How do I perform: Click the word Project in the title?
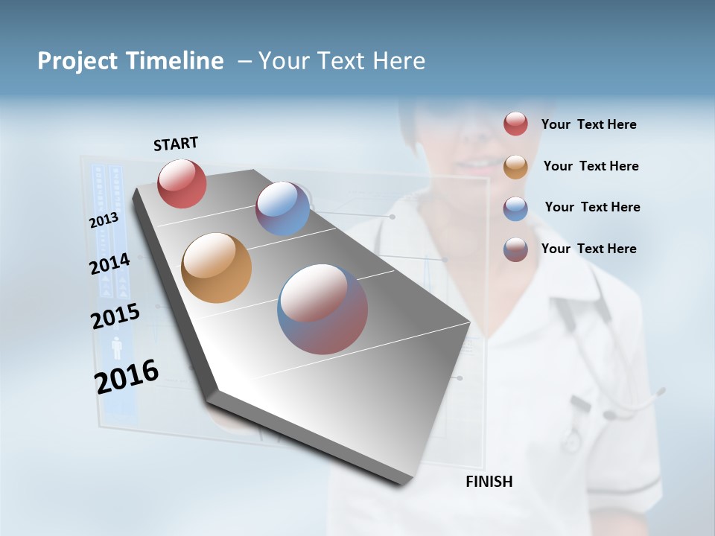[76, 61]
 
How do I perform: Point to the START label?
[176, 144]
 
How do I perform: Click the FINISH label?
[489, 482]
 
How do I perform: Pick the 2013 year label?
[104, 220]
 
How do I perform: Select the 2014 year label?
[109, 264]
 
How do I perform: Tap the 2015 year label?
[115, 316]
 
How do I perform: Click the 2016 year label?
[126, 376]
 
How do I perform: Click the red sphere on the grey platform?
[182, 183]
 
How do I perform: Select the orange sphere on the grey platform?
[216, 268]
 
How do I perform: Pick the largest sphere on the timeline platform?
[322, 309]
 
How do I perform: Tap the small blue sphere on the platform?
[282, 208]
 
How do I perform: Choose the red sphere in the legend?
[515, 124]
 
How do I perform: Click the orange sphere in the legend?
[515, 167]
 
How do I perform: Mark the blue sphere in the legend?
[515, 208]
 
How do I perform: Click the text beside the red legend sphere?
[588, 124]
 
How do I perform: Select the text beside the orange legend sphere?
[591, 166]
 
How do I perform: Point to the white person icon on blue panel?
[116, 348]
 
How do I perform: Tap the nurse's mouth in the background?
[471, 163]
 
